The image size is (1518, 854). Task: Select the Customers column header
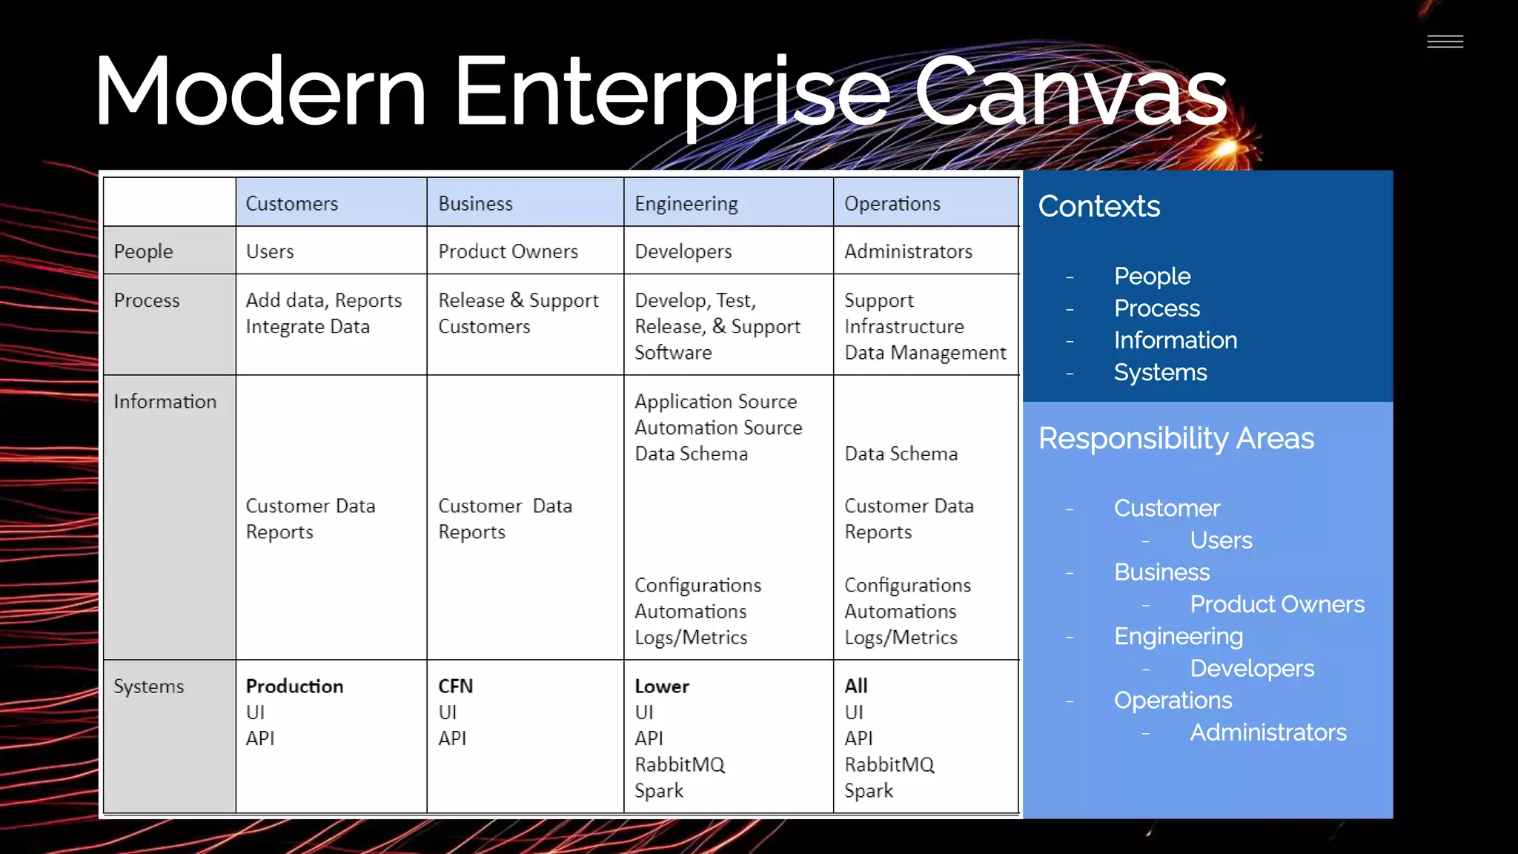pyautogui.click(x=291, y=204)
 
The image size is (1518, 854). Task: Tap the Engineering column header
pyautogui.click(x=686, y=204)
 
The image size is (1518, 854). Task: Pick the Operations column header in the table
pyautogui.click(x=892, y=204)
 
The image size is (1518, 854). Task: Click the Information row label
pyautogui.click(x=165, y=402)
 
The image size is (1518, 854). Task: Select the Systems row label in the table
pyautogui.click(x=148, y=686)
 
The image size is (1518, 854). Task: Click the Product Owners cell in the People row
pyautogui.click(x=508, y=252)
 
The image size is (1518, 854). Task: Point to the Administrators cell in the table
pyautogui.click(x=908, y=252)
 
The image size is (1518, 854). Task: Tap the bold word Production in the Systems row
pyautogui.click(x=294, y=686)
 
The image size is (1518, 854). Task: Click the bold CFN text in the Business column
pyautogui.click(x=455, y=686)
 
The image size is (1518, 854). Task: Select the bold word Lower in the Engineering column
pyautogui.click(x=661, y=686)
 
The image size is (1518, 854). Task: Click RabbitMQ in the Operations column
pyautogui.click(x=889, y=765)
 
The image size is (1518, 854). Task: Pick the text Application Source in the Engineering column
pyautogui.click(x=715, y=402)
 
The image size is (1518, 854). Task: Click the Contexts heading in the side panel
pyautogui.click(x=1098, y=207)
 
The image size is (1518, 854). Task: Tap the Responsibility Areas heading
pyautogui.click(x=1176, y=439)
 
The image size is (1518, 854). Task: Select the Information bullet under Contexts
pyautogui.click(x=1175, y=340)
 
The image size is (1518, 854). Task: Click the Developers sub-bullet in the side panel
pyautogui.click(x=1251, y=669)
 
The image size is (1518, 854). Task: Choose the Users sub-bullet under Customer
pyautogui.click(x=1221, y=540)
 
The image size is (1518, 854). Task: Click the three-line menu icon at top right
pyautogui.click(x=1445, y=42)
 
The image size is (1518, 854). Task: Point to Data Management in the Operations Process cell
pyautogui.click(x=925, y=353)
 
